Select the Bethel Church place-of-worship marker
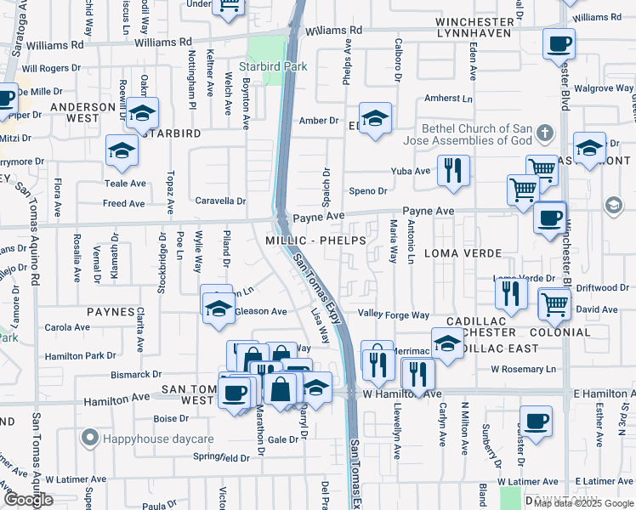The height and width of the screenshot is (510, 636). pyautogui.click(x=545, y=133)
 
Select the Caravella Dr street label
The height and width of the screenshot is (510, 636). pyautogui.click(x=221, y=201)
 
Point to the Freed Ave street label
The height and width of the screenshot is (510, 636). pyautogui.click(x=123, y=203)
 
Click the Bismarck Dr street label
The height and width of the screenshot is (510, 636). pyautogui.click(x=136, y=373)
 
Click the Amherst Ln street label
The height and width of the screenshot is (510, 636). pyautogui.click(x=448, y=99)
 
